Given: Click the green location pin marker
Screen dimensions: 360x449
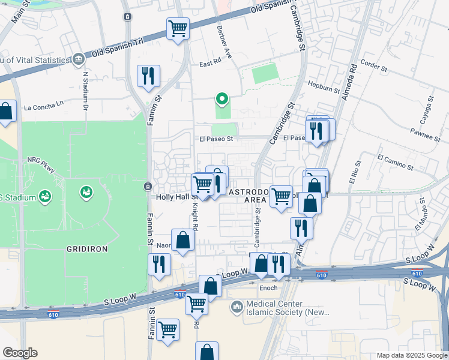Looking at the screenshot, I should pos(222,99).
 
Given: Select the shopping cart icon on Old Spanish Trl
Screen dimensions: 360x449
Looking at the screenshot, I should pos(178,28).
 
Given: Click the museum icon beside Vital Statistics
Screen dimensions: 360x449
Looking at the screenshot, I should pos(79,59).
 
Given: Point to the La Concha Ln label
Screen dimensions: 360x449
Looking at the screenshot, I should pos(43,107).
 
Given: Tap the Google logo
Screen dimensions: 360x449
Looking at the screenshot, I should pos(20,353).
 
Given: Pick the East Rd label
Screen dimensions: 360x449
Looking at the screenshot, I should pos(210,64).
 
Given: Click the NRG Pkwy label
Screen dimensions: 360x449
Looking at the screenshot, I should pos(41,164).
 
